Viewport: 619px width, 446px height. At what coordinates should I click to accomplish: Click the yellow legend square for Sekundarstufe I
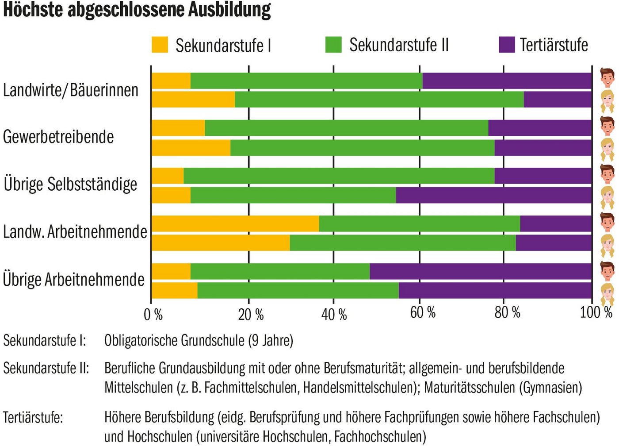(x=160, y=45)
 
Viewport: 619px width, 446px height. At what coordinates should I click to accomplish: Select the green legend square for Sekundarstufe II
(x=333, y=45)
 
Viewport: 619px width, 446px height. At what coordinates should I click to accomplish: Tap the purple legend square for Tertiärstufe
(x=507, y=45)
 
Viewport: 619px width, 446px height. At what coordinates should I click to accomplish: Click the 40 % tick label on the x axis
(x=334, y=315)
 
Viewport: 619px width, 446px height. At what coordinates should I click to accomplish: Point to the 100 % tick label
(x=596, y=312)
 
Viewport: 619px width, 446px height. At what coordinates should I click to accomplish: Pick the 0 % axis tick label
(x=153, y=315)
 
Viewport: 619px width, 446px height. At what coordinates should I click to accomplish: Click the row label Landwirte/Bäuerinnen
(x=71, y=90)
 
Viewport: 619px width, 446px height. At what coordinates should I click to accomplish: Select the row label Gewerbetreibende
(x=58, y=137)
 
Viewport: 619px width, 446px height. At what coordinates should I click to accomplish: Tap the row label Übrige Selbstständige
(x=70, y=185)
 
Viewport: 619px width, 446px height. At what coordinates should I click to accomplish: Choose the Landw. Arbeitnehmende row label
(x=75, y=232)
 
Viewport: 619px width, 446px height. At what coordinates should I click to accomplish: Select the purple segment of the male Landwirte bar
(x=507, y=81)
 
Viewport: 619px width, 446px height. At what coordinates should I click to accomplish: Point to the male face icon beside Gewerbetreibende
(x=608, y=126)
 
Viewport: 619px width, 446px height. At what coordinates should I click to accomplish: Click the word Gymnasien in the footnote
(x=552, y=388)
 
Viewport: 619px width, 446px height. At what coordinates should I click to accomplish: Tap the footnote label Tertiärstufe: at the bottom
(x=33, y=417)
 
